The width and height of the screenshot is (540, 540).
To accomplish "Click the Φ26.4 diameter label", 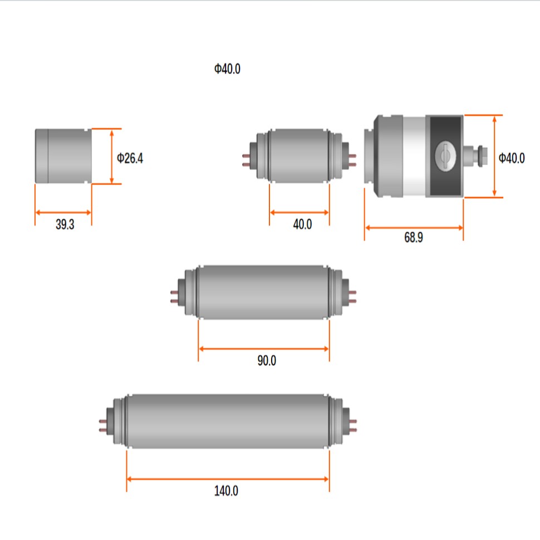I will [x=130, y=158].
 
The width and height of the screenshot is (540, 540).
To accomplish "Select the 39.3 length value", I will [x=65, y=225].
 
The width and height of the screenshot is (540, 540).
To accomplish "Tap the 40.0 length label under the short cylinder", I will [x=302, y=224].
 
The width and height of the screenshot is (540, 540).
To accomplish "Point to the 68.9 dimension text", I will [x=413, y=238].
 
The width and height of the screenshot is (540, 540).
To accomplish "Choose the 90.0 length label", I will [x=267, y=360].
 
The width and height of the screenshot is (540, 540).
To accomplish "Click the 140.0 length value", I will [x=226, y=490].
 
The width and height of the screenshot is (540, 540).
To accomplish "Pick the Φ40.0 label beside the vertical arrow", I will [x=512, y=158].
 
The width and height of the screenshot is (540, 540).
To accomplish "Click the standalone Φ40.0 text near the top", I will [x=227, y=69].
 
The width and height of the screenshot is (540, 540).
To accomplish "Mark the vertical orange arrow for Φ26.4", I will [x=112, y=156].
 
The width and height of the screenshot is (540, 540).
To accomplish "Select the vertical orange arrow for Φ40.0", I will [x=494, y=156].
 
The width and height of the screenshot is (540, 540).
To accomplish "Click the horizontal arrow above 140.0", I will [x=228, y=479].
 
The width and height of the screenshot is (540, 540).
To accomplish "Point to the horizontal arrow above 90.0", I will [x=264, y=349].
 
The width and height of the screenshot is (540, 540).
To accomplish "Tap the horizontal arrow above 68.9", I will [x=414, y=227].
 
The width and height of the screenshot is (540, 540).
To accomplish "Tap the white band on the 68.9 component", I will [x=414, y=156].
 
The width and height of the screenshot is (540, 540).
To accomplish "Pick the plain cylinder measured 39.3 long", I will [x=63, y=156].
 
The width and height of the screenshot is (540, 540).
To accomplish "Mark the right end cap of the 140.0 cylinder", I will [x=345, y=421].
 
